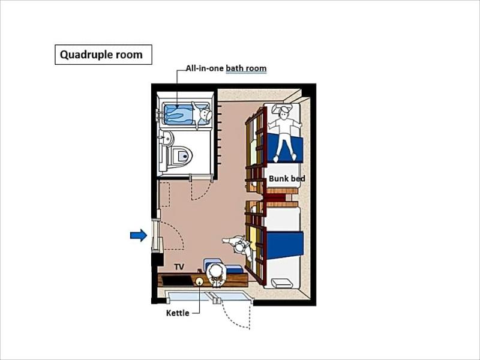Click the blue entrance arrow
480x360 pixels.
139,235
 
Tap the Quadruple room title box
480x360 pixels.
103,55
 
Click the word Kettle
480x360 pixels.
178,313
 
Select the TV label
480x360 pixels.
179,266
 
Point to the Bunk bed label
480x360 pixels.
287,178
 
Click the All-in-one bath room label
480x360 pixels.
226,68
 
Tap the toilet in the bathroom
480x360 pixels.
181,156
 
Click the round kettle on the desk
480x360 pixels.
200,281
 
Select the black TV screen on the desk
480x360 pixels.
176,280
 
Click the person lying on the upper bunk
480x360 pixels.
284,132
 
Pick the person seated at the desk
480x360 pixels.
217,275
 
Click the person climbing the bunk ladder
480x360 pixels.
239,247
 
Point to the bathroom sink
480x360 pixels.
167,139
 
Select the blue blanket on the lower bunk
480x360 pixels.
284,244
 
